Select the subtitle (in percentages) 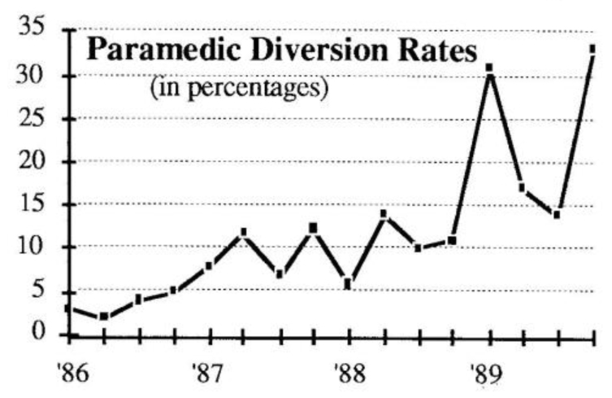(238, 85)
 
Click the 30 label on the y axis (37, 75)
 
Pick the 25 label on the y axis (37, 118)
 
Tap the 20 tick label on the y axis (37, 161)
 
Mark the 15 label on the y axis (37, 203)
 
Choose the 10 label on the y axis (37, 247)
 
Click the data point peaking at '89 (489, 68)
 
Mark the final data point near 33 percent (592, 50)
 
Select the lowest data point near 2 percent (104, 317)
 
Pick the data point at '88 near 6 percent (348, 284)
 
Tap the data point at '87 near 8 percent (209, 265)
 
